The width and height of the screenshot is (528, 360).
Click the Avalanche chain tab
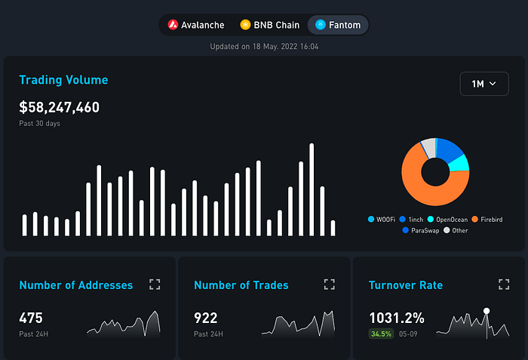(x=196, y=25)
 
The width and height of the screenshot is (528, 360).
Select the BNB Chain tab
(x=269, y=25)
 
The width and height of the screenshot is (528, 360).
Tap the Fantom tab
(x=338, y=25)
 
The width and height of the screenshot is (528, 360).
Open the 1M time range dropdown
(x=483, y=84)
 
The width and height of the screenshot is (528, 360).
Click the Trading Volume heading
(x=63, y=80)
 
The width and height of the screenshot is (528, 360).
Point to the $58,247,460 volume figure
(x=59, y=107)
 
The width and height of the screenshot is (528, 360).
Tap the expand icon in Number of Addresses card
(x=155, y=285)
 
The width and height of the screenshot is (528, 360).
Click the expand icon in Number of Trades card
(x=329, y=285)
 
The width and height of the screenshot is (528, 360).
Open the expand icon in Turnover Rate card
(x=504, y=285)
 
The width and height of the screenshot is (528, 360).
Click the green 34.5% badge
(x=381, y=334)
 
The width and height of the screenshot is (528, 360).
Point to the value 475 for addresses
(x=31, y=318)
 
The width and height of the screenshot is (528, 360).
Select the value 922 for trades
(x=206, y=318)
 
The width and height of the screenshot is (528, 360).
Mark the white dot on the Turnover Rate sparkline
(x=487, y=311)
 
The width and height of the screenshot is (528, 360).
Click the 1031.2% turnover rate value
(x=396, y=318)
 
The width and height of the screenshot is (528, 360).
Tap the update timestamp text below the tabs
(x=263, y=46)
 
